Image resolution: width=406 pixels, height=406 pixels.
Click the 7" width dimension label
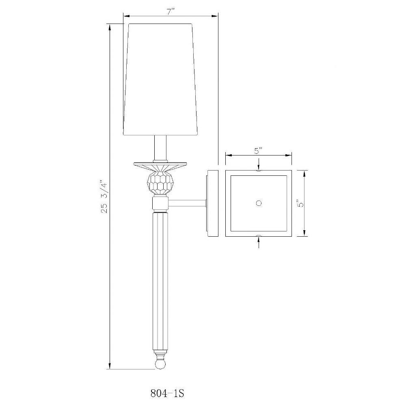pos(171,12)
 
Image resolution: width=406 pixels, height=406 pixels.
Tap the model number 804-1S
pos(167,393)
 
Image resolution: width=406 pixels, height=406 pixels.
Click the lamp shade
pos(162,80)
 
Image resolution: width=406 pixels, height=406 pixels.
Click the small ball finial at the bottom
pos(160,364)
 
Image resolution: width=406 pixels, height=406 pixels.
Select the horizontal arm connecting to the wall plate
pos(187,203)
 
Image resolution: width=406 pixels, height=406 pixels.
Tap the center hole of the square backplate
pos(258,203)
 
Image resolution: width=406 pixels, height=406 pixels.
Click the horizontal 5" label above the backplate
pos(258,151)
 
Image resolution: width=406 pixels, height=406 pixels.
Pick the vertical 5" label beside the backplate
pos(300,203)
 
